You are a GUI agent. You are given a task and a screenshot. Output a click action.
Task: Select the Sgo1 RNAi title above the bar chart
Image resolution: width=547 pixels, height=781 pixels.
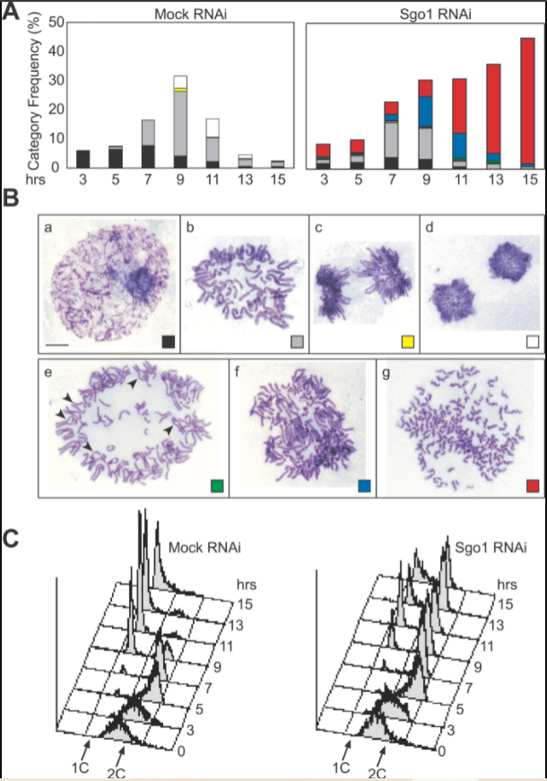click(x=424, y=9)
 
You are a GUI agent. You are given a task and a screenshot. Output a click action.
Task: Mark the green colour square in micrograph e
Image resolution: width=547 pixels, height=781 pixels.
click(x=216, y=486)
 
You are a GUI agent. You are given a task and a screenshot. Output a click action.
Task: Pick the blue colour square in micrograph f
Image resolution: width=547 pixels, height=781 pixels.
click(x=362, y=486)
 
